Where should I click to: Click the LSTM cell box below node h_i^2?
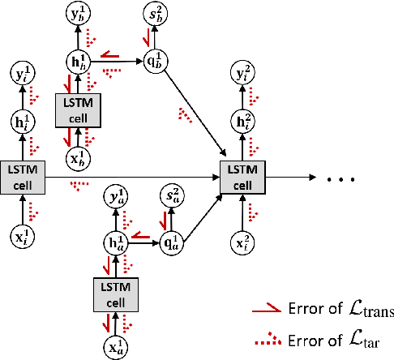coord(242,175)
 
